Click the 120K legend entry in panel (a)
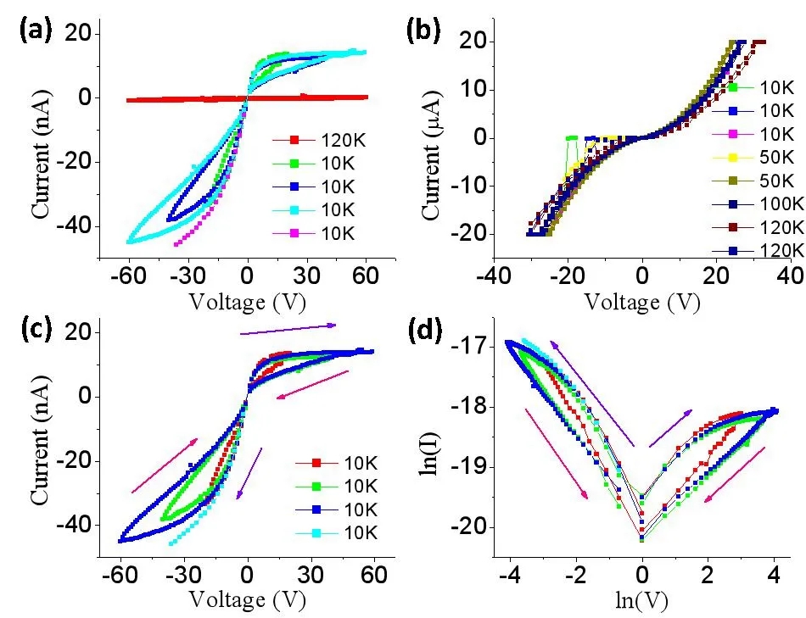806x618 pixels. [319, 140]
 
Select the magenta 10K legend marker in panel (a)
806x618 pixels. [294, 233]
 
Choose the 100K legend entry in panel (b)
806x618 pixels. [758, 204]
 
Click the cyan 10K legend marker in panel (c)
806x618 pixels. [316, 533]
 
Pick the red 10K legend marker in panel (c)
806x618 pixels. [316, 463]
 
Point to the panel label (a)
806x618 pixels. [36, 31]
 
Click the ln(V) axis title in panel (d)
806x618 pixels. [641, 600]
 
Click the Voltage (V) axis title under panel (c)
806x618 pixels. [248, 599]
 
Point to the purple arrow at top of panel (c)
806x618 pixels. [288, 329]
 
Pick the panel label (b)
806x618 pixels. [423, 31]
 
